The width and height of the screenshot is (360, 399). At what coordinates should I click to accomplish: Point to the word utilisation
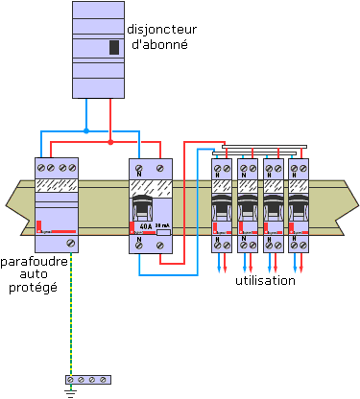pos(265,281)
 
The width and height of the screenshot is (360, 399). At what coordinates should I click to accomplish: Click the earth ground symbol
pos(70,389)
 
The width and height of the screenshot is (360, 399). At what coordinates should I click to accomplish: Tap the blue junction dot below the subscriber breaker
pos(86,130)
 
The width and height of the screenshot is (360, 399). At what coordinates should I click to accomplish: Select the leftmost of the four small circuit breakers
pos(223,202)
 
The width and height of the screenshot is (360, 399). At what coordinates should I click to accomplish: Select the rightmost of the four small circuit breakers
pos(300,202)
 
